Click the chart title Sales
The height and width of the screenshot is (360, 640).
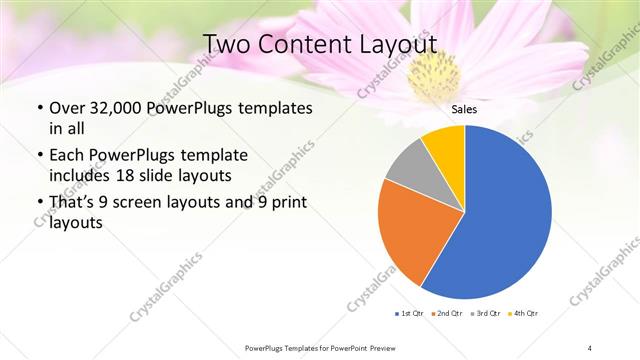tap(464, 109)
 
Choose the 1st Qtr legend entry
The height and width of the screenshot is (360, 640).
tap(410, 313)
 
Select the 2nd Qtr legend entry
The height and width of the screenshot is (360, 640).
tap(445, 313)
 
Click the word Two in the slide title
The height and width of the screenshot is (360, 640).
tap(230, 44)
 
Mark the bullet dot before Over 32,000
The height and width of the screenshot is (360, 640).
tap(38, 108)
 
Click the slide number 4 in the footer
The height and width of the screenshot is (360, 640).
tap(590, 347)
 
